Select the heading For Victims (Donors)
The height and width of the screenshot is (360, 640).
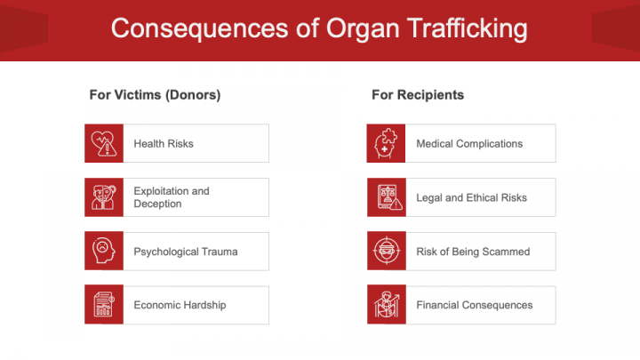(x=155, y=94)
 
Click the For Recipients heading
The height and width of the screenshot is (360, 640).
(x=418, y=94)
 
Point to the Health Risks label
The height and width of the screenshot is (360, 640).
(x=164, y=143)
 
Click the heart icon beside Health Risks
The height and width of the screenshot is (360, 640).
(x=103, y=143)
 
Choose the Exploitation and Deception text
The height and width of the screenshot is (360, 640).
(x=172, y=197)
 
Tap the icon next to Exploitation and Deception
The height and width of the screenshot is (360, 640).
(x=103, y=197)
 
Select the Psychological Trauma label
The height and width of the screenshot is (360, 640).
(x=186, y=252)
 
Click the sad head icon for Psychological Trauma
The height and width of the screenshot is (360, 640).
(x=103, y=252)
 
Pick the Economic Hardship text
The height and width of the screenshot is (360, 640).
(x=180, y=305)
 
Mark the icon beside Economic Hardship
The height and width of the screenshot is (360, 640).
(x=103, y=305)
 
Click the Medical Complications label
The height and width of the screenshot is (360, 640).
(x=469, y=143)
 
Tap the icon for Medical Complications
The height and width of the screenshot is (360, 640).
(x=386, y=143)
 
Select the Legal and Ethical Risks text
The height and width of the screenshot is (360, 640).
(x=471, y=197)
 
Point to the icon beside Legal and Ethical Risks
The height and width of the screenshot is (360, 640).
(x=386, y=197)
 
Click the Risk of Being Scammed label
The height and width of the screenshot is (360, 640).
(x=473, y=252)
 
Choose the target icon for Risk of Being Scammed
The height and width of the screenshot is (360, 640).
(x=386, y=252)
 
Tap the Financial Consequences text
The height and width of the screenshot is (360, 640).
(x=475, y=305)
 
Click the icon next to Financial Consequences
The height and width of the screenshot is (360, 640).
(x=386, y=305)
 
